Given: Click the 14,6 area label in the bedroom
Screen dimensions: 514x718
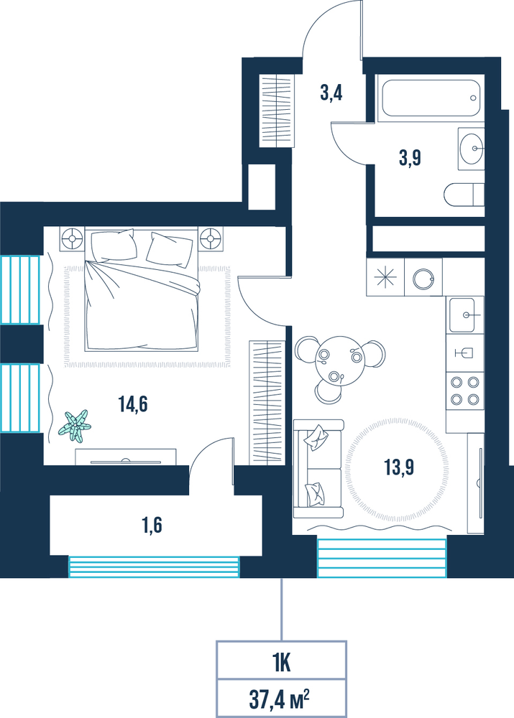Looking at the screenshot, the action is tap(133, 404).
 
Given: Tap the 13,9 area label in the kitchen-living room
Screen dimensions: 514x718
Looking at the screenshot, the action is tap(400, 467).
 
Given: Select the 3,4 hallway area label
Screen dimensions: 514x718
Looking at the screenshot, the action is tap(331, 93).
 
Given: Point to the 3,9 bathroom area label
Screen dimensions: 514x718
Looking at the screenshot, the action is tap(410, 159).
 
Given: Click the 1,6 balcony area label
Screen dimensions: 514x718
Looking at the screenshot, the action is tap(152, 526).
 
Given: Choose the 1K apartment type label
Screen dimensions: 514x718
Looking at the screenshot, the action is tap(281, 663).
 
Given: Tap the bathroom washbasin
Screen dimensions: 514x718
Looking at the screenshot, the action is tap(472, 149).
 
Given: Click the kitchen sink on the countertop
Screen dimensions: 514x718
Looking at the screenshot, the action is tap(462, 314).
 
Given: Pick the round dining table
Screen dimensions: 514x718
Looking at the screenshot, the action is tap(339, 360).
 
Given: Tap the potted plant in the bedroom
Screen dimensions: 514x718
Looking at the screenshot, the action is tap(75, 426).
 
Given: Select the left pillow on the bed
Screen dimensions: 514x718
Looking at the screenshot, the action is tap(114, 246).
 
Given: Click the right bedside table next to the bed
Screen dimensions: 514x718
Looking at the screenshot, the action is tap(211, 238).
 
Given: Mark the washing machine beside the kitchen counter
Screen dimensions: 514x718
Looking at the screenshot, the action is tap(423, 277).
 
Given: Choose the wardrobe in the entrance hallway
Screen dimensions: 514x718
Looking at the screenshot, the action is tap(277, 111).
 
